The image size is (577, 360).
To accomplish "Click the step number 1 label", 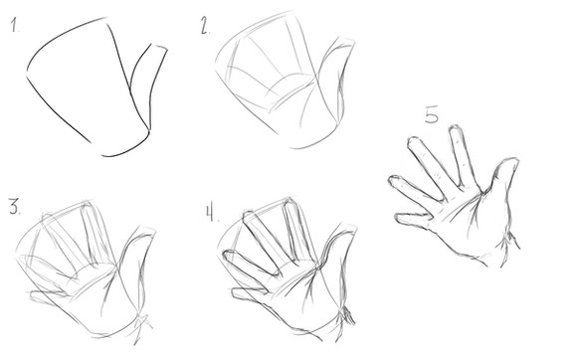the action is tap(14, 25).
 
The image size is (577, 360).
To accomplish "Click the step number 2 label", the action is tap(205, 26).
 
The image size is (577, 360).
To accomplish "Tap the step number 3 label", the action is tap(14, 206).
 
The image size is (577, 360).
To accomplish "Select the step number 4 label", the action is tap(211, 213).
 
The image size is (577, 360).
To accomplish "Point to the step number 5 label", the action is tap(432, 114).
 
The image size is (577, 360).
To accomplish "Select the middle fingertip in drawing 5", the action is tap(413, 140).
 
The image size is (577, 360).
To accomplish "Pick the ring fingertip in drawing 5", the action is tap(392, 178).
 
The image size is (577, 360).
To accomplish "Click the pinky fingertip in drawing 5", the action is tap(398, 218).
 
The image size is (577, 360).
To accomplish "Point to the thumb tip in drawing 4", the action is tap(348, 228).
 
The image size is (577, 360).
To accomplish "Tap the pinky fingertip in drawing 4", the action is tap(234, 293).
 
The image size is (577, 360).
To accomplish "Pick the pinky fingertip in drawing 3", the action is tap(33, 295).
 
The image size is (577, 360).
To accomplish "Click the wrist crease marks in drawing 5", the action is tap(509, 243).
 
